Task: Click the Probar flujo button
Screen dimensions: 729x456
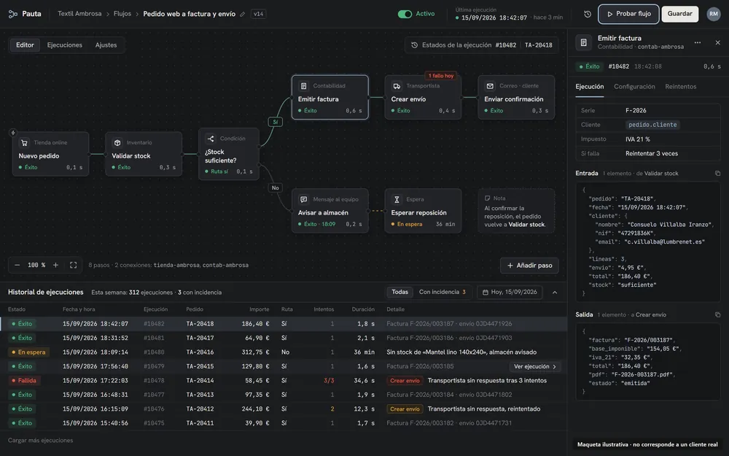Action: pos(628,14)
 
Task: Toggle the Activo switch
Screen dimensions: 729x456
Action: pos(405,14)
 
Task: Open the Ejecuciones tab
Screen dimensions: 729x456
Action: pos(65,45)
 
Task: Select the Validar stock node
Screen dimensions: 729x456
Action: pos(144,154)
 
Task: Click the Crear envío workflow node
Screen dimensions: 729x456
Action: pos(423,97)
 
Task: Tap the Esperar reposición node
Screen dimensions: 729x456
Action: pos(423,211)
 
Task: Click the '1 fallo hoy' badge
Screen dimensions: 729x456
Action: pos(441,76)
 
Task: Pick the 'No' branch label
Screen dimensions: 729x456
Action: pos(276,188)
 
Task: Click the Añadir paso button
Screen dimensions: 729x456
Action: pos(529,266)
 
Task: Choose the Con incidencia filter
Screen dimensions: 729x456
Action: pos(443,293)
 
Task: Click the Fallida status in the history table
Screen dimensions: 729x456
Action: pos(24,381)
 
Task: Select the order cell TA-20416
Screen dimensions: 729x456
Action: pos(200,352)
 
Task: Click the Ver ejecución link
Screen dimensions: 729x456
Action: pos(534,367)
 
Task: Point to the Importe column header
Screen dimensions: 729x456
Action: pos(259,309)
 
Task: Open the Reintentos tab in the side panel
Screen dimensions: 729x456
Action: pos(680,87)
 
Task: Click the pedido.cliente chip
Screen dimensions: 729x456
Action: pos(652,125)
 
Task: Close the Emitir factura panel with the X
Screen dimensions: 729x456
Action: pos(717,43)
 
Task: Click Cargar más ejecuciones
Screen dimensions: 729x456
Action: pos(40,440)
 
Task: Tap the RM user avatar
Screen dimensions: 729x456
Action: pos(714,14)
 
